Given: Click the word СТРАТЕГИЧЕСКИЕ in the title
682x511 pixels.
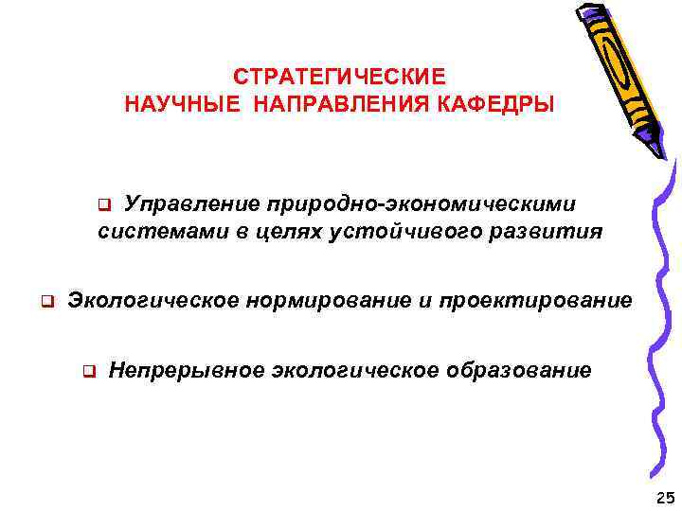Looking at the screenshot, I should click(339, 76).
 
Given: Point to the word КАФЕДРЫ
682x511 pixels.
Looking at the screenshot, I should click(502, 103).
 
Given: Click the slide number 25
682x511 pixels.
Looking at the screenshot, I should click(662, 497).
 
